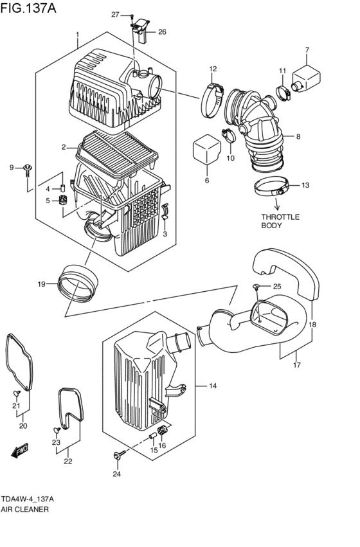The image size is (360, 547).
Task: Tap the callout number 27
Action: pyautogui.click(x=115, y=14)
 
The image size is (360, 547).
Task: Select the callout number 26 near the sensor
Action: pyautogui.click(x=161, y=31)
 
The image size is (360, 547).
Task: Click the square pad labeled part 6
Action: pyautogui.click(x=207, y=152)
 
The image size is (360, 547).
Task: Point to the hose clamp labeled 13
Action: pyautogui.click(x=270, y=188)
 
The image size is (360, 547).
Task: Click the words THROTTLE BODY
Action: pyautogui.click(x=280, y=221)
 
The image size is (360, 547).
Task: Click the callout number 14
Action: pyautogui.click(x=212, y=386)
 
